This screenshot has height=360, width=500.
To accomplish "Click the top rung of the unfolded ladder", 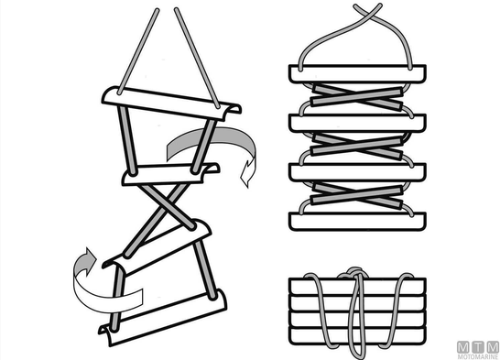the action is (171, 103).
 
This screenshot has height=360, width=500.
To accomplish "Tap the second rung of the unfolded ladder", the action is (170, 174).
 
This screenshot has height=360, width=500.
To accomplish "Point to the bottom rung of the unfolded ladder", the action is (164, 319).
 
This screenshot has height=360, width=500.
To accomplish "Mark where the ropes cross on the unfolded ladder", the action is (166, 206).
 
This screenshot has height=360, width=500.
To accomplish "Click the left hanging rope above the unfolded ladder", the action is (137, 51).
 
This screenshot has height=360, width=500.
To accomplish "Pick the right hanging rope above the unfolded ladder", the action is (197, 58).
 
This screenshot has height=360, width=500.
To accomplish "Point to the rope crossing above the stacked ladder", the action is (368, 12).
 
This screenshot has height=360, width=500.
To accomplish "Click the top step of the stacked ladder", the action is (357, 74).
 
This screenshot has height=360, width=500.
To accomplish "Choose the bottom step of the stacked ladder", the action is (357, 222).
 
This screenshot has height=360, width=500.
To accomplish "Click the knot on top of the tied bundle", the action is (353, 273).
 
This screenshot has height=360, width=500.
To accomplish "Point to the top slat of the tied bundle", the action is (357, 287).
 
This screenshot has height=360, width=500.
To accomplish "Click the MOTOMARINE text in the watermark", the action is (478, 356).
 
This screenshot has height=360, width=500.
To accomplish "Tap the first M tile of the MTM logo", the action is (462, 347).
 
